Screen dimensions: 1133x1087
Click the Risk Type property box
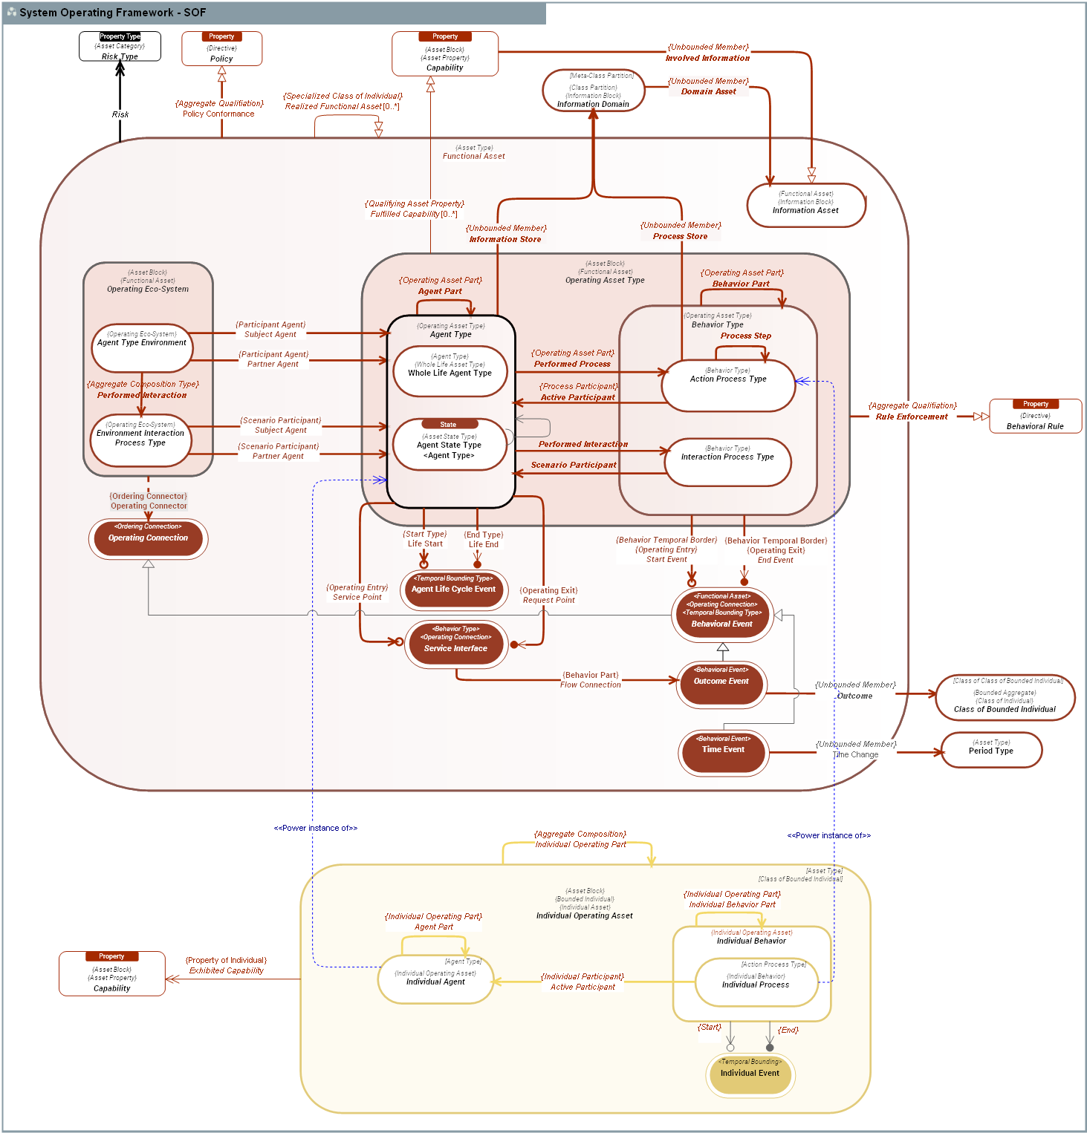[x=120, y=47]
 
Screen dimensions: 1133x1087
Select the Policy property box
[x=221, y=49]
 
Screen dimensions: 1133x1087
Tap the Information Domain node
[x=593, y=91]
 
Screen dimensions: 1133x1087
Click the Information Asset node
[x=805, y=205]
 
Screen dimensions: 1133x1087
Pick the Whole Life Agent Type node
[x=450, y=371]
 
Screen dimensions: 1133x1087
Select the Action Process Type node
[x=728, y=385]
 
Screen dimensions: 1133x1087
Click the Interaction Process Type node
[x=727, y=462]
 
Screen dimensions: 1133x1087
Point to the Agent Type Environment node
[x=142, y=347]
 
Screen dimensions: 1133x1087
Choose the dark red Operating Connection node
[x=148, y=538]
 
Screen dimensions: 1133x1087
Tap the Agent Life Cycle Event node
[x=453, y=590]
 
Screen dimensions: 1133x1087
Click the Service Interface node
[x=455, y=644]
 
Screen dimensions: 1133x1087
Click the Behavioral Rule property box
[x=1035, y=416]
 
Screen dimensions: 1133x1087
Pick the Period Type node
[x=991, y=750]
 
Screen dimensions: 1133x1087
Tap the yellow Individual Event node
[x=750, y=1075]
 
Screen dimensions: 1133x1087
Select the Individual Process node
[x=756, y=982]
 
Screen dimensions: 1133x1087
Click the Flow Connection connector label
[x=591, y=685]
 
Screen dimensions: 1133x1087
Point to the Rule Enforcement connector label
[x=912, y=417]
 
